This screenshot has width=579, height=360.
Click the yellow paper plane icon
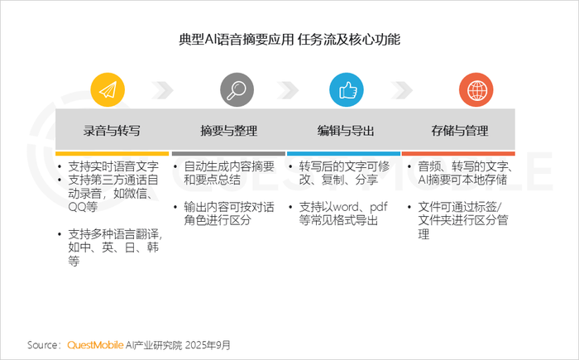(x=108, y=90)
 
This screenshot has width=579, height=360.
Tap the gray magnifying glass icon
(x=237, y=90)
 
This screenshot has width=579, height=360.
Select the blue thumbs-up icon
(x=347, y=90)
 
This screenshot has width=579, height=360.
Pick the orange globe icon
(x=476, y=90)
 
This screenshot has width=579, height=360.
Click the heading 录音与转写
(x=112, y=131)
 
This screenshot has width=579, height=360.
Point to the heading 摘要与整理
(x=229, y=131)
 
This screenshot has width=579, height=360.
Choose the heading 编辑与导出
(x=346, y=131)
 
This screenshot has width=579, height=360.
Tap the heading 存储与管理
(x=460, y=131)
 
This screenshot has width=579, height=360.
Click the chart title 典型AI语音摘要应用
(x=237, y=39)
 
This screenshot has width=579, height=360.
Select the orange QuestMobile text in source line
(x=95, y=345)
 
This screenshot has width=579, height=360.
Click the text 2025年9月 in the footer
(x=208, y=345)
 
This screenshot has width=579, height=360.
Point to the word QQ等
(x=83, y=207)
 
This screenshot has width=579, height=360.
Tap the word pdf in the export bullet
(x=379, y=207)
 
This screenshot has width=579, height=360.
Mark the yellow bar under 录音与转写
(x=112, y=153)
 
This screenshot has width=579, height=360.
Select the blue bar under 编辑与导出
(x=343, y=153)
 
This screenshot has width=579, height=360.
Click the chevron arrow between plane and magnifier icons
(x=162, y=90)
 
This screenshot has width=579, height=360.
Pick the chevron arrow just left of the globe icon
(x=401, y=90)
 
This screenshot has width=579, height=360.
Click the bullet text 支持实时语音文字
(x=113, y=166)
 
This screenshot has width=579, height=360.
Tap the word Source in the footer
(x=42, y=345)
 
